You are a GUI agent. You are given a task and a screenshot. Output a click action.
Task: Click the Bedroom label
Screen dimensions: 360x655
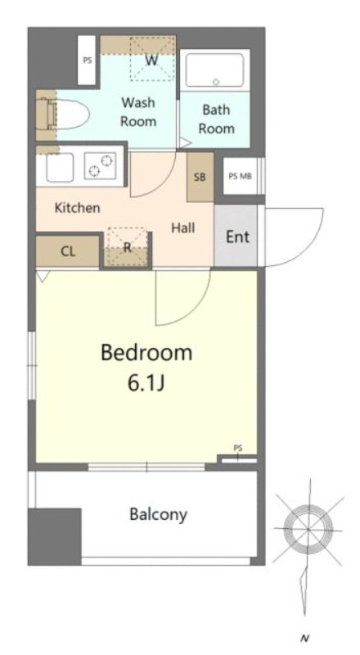pyautogui.click(x=146, y=354)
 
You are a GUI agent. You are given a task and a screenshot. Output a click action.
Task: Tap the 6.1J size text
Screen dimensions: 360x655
pyautogui.click(x=146, y=384)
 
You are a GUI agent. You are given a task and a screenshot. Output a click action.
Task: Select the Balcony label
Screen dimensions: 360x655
pyautogui.click(x=158, y=514)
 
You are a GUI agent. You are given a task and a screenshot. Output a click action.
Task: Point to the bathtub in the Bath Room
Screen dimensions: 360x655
pyautogui.click(x=214, y=70)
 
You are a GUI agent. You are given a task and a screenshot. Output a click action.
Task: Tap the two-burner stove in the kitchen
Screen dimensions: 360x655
pyautogui.click(x=101, y=166)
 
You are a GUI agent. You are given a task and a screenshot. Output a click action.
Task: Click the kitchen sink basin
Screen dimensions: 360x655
pyautogui.click(x=60, y=168)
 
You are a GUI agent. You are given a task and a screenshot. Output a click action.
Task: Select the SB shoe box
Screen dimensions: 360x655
pyautogui.click(x=200, y=177)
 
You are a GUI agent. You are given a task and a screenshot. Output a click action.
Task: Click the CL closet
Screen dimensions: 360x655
pyautogui.click(x=68, y=251)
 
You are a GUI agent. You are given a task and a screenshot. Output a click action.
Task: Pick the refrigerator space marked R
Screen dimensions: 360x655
pyautogui.click(x=128, y=247)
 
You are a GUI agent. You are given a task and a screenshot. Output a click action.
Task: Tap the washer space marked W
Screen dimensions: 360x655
pyautogui.click(x=152, y=58)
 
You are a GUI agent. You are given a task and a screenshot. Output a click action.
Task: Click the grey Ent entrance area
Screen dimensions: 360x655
pyautogui.click(x=236, y=235)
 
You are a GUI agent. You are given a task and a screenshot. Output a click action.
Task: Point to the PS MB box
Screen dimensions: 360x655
pyautogui.click(x=241, y=176)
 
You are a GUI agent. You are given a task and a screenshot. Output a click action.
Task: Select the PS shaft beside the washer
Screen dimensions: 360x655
pyautogui.click(x=87, y=60)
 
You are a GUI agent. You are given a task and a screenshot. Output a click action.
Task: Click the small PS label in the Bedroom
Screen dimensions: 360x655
pyautogui.click(x=238, y=448)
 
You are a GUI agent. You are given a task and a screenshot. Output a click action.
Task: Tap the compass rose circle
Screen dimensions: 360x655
pyautogui.click(x=308, y=529)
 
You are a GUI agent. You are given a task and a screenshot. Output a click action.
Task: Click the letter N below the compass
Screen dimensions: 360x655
pyautogui.click(x=304, y=639)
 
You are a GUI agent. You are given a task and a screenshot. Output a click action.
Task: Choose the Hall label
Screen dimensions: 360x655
pyautogui.click(x=183, y=228)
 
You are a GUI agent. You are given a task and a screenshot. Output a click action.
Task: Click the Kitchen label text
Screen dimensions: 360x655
pyautogui.click(x=77, y=208)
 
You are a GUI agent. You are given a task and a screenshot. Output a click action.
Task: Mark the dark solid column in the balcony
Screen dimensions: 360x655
pyautogui.click(x=54, y=537)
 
